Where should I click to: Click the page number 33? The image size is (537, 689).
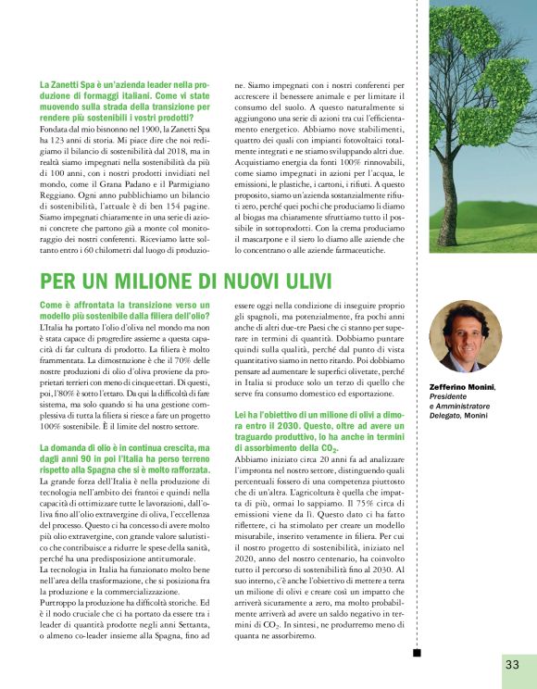[x=512, y=663]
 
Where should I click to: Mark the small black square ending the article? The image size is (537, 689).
[x=416, y=652]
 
